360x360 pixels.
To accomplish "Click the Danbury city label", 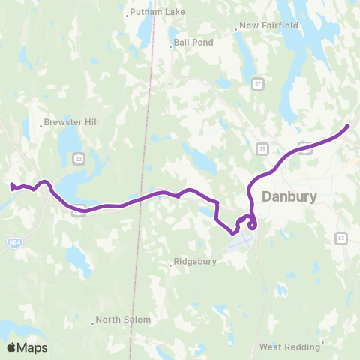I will pyautogui.click(x=289, y=196).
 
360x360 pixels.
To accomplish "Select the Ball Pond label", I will pyautogui.click(x=193, y=43).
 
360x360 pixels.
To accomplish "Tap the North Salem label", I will pyautogui.click(x=123, y=319).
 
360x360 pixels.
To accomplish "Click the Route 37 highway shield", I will pyautogui.click(x=258, y=82).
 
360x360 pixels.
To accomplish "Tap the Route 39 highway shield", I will pyautogui.click(x=263, y=148).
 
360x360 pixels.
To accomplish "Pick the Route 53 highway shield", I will pyautogui.click(x=341, y=238).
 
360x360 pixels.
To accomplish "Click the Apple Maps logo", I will pyautogui.click(x=27, y=347).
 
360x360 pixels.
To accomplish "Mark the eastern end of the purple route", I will pyautogui.click(x=348, y=126).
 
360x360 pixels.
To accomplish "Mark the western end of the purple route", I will pyautogui.click(x=11, y=187).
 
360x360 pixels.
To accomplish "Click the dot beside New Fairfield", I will pyautogui.click(x=235, y=29).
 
